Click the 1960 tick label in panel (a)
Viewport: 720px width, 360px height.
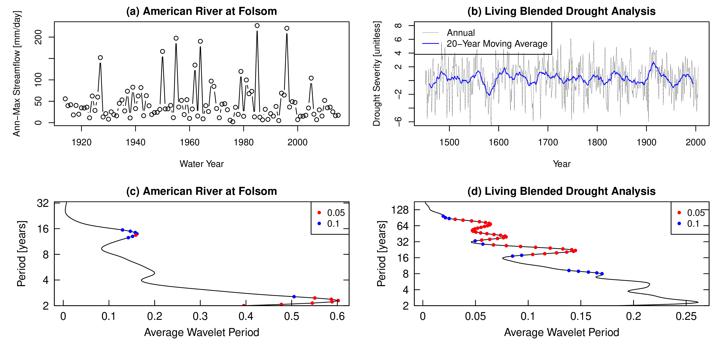[x=190, y=142]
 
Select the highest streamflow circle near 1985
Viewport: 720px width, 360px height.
[x=257, y=26]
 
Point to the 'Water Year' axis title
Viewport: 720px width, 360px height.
[x=202, y=164]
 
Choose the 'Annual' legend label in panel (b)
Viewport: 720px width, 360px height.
[x=461, y=33]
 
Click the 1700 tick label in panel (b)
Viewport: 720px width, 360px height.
[x=548, y=142]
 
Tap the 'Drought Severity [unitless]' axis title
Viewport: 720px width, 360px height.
[x=377, y=74]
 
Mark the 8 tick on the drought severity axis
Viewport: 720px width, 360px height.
[x=398, y=26]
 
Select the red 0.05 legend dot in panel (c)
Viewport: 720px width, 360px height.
[x=319, y=213]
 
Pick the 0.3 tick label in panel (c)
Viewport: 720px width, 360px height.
[x=200, y=316]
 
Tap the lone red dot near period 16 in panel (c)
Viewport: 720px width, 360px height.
[x=136, y=235]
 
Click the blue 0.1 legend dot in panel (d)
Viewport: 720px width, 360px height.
[x=679, y=224]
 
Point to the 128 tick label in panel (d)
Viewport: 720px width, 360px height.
[x=400, y=210]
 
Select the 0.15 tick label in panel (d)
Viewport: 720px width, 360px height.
[x=581, y=316]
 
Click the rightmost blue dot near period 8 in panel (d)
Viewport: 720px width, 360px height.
[x=602, y=274]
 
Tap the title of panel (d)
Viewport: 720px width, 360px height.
[x=561, y=191]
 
